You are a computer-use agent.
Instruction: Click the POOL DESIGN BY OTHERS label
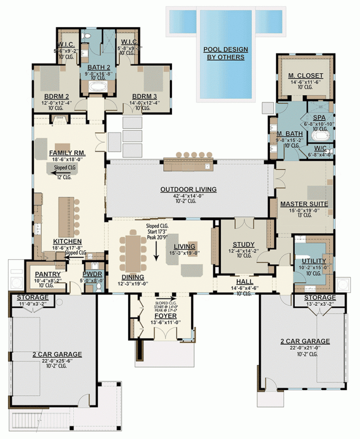pyautogui.click(x=225, y=53)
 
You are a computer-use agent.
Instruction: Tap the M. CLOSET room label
pyautogui.click(x=306, y=76)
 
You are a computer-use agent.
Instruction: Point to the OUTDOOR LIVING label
pyautogui.click(x=188, y=189)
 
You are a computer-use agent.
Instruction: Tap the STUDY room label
pyautogui.click(x=243, y=244)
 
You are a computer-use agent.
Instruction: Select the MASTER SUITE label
pyautogui.click(x=304, y=204)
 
